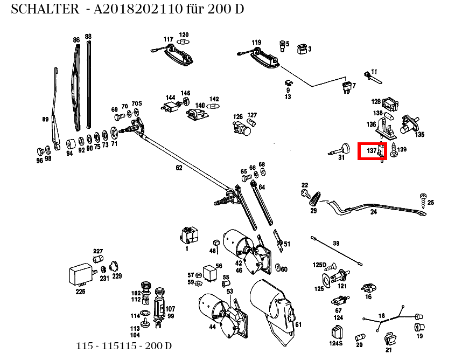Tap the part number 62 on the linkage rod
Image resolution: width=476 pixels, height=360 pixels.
tap(179, 168)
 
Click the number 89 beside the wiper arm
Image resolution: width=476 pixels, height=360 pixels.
tap(45, 119)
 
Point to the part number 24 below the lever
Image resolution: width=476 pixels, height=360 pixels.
tap(373, 212)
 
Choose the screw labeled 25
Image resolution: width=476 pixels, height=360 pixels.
tap(424, 199)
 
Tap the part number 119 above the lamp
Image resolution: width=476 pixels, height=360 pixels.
tap(256, 42)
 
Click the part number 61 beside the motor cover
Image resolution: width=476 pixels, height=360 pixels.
tap(298, 324)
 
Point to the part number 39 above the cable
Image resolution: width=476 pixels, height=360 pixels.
tap(336, 244)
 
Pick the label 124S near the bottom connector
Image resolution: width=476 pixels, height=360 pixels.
tap(336, 343)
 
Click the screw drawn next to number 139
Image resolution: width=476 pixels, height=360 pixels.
tap(393, 150)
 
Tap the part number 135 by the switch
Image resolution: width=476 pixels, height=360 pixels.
tap(419, 134)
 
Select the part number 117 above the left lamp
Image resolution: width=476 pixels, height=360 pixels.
tap(169, 39)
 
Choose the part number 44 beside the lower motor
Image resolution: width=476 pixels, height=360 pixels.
tap(212, 327)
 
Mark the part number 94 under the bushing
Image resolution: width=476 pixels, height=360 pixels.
tap(69, 153)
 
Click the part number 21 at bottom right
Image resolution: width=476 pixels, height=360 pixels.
tap(389, 349)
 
